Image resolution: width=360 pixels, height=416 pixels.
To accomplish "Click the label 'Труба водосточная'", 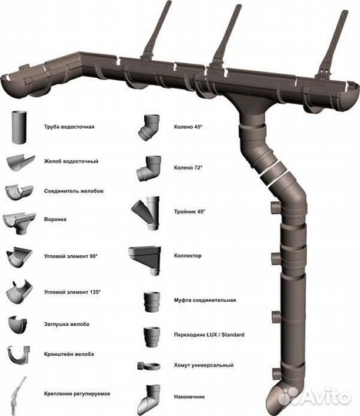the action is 69,127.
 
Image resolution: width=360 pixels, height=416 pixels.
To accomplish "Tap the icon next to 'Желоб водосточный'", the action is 20,163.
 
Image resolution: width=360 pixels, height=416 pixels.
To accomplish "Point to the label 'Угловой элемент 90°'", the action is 71,257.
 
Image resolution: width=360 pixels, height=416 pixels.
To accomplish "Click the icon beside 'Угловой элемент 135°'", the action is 19,291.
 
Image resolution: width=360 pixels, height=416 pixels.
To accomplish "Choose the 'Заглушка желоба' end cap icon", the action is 18,324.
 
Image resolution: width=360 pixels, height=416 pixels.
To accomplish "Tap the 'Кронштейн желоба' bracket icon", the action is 19,355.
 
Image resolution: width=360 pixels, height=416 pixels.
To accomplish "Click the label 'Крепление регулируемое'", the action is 77,394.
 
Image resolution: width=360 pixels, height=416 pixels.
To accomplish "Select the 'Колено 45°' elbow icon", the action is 149,127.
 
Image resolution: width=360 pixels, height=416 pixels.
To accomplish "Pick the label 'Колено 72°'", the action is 188,168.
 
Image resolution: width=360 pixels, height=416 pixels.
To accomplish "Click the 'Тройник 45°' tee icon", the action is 146,213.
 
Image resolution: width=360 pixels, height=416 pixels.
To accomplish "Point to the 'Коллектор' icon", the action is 145,260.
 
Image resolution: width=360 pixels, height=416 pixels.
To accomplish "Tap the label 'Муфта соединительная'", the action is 205,300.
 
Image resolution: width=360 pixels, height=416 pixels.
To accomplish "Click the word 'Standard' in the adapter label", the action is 233,335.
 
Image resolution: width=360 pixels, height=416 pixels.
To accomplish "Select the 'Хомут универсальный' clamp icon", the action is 149,366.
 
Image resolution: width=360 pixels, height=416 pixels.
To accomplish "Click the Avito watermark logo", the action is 316,398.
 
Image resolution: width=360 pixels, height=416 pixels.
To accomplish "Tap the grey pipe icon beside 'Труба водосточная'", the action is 19,127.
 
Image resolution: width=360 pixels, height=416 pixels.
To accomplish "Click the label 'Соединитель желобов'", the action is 74,191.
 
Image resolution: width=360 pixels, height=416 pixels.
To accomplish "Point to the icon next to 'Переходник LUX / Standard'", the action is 152,337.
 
